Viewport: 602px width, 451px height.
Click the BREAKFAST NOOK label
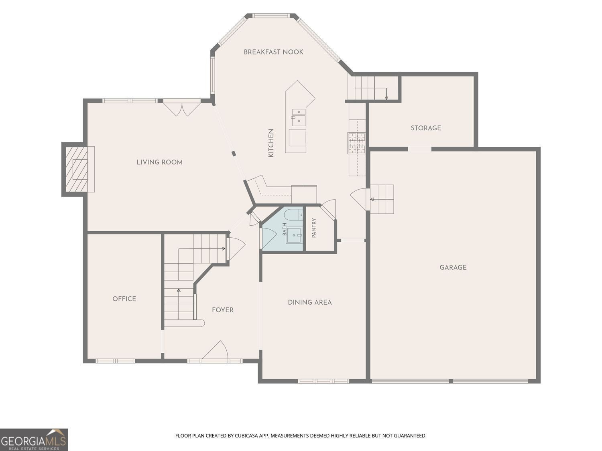[x=273, y=52]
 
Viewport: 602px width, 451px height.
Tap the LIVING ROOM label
[x=160, y=162]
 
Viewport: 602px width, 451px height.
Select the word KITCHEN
[x=270, y=143]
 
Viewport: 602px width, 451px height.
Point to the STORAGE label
[x=426, y=128]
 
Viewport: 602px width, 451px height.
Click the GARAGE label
[x=453, y=267]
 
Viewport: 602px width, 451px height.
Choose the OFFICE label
[x=124, y=299]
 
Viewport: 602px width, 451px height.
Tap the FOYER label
[x=223, y=310]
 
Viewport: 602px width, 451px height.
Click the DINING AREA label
[x=310, y=302]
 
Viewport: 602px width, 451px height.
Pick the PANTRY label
[x=314, y=228]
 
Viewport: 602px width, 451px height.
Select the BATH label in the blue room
[x=285, y=229]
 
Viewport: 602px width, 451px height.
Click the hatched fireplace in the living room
[x=77, y=169]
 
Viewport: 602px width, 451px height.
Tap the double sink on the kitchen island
[x=299, y=117]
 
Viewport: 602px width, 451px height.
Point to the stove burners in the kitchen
[x=357, y=143]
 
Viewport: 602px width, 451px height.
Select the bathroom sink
[x=295, y=235]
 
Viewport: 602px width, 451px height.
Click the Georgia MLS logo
[x=34, y=439]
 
